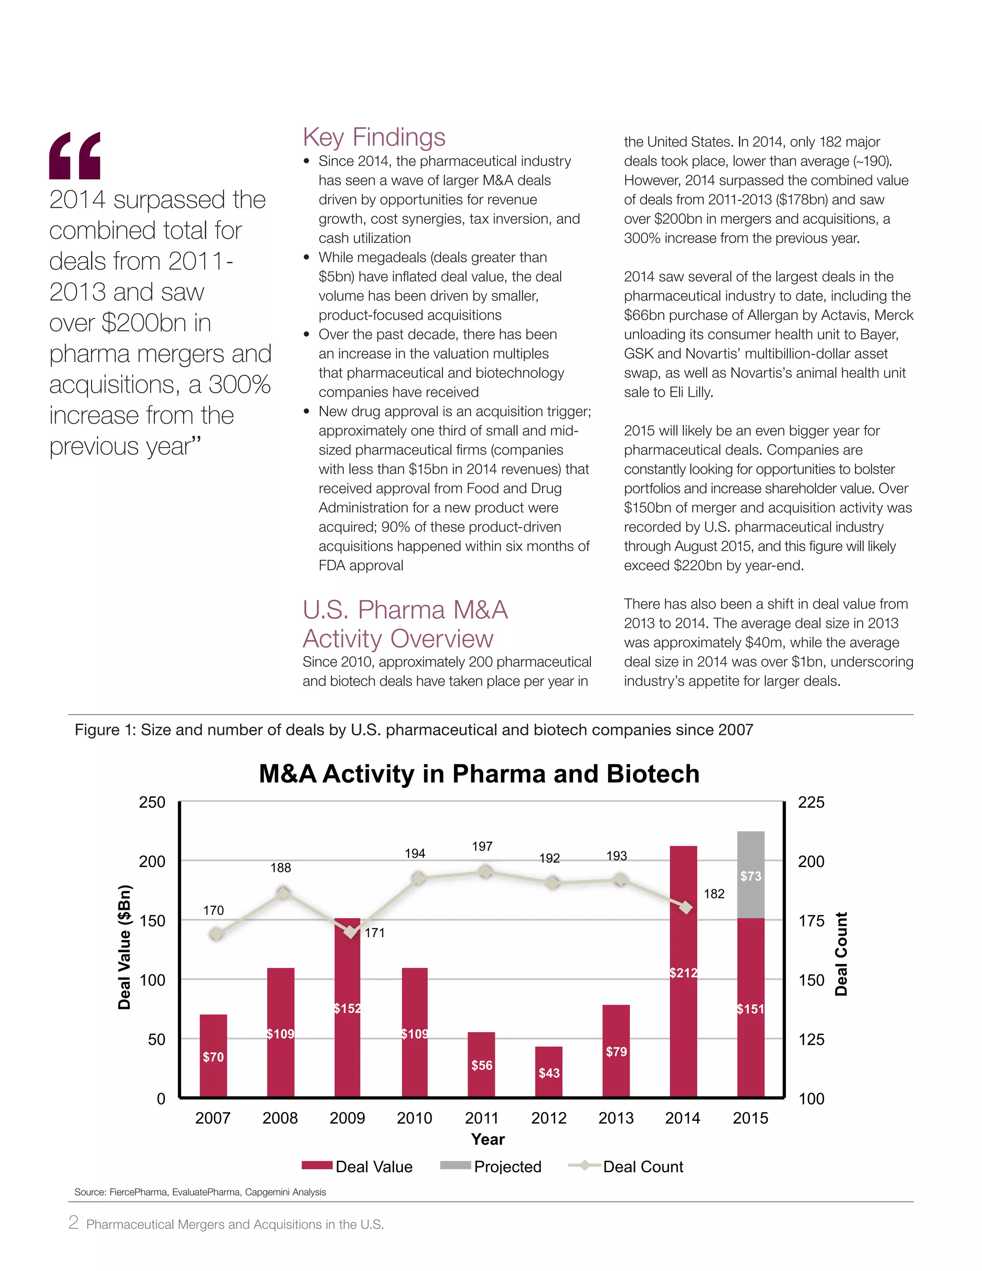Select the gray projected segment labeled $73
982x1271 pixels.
click(750, 875)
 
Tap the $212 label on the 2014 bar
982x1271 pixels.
click(683, 973)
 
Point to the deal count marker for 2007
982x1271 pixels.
click(216, 934)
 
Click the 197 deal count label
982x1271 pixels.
click(482, 846)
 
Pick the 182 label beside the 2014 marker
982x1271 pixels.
click(714, 894)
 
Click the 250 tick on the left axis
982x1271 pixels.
click(152, 802)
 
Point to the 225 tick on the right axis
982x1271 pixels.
click(811, 802)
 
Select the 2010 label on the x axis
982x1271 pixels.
click(414, 1118)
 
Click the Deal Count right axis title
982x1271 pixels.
click(841, 954)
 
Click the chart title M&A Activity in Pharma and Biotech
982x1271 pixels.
click(479, 774)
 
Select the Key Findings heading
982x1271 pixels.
click(374, 137)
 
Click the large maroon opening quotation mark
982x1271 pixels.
click(74, 155)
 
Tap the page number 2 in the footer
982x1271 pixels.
click(73, 1222)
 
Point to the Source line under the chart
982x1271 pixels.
click(200, 1192)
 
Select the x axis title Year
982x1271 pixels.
click(488, 1139)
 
